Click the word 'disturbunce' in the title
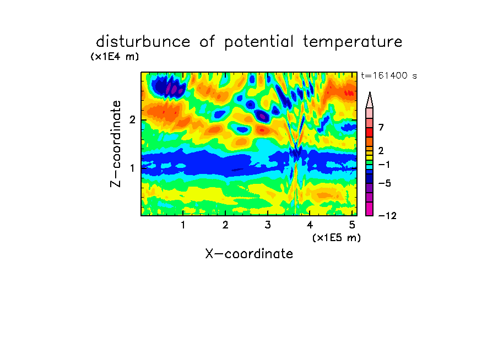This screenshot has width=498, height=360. (x=143, y=42)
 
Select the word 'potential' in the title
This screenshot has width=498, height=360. (x=259, y=42)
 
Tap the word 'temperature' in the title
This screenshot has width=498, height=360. (x=353, y=42)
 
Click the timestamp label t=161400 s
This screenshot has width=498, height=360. (x=389, y=75)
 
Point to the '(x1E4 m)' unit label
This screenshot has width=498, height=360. (x=115, y=57)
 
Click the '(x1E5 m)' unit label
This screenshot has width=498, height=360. (x=337, y=238)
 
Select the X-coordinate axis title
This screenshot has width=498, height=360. (x=249, y=254)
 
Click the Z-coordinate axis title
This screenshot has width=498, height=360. (x=116, y=144)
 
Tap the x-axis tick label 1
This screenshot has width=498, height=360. (x=183, y=225)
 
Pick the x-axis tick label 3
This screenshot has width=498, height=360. (x=268, y=225)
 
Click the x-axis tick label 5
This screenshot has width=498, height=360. (x=352, y=225)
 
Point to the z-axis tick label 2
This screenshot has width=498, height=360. (x=132, y=120)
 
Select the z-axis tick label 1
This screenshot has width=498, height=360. (x=132, y=168)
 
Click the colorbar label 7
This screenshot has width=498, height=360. (x=381, y=128)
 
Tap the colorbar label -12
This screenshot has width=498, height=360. (x=387, y=216)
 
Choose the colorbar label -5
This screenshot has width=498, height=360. (x=385, y=183)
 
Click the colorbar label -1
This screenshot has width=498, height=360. (x=384, y=165)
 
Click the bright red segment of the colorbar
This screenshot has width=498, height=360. (x=370, y=132)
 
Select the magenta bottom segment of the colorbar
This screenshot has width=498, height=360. (x=370, y=209)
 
